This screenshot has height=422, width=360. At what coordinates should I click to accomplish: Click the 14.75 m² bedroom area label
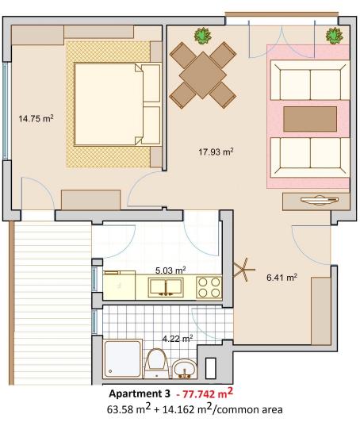[36, 119]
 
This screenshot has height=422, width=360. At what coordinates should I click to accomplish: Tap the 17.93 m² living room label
[215, 150]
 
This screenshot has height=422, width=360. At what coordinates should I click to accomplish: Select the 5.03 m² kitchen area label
[170, 270]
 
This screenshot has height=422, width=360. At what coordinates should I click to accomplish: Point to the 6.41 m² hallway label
[281, 278]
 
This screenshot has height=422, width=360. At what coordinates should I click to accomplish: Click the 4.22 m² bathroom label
[178, 338]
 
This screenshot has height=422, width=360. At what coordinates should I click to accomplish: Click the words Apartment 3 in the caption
[140, 393]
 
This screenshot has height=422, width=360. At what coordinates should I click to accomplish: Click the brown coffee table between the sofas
[310, 118]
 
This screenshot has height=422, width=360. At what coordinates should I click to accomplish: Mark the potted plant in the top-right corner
[335, 36]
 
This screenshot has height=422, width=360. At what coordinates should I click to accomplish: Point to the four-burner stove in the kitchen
[209, 286]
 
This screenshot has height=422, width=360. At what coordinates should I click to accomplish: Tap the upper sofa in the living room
[310, 82]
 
